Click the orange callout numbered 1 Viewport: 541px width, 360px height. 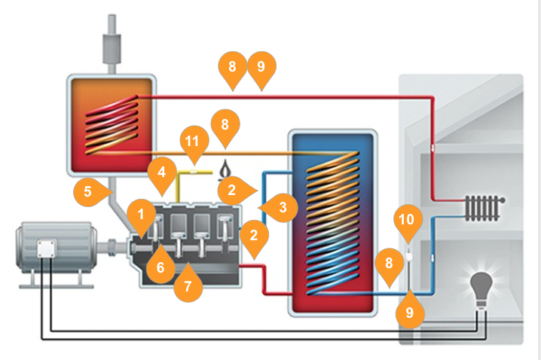pyautogui.click(x=141, y=215)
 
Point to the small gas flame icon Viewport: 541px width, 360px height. pyautogui.click(x=223, y=171)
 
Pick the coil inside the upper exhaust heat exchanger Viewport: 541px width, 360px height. pyautogui.click(x=113, y=121)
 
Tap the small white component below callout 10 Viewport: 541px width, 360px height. pyautogui.click(x=408, y=257)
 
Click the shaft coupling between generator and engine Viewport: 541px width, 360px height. pyautogui.click(x=112, y=247)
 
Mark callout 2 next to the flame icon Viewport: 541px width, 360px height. pyautogui.click(x=231, y=190)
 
